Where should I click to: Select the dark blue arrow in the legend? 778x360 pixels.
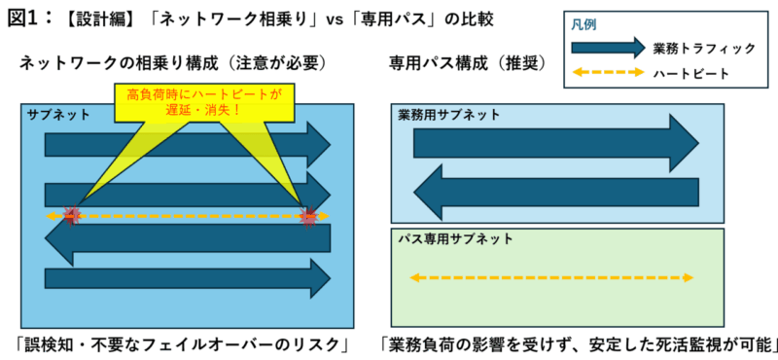608,48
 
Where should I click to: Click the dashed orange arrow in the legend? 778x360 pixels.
608,73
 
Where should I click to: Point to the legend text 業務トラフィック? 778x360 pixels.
704,49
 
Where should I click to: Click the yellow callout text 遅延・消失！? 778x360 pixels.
204,109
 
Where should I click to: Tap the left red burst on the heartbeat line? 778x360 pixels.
71,216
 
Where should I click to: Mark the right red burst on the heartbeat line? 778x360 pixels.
308,216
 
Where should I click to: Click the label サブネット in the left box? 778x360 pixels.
58,114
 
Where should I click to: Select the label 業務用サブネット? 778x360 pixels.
449,115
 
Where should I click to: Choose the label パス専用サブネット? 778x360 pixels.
455,238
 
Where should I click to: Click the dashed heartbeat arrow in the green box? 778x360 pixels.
551,277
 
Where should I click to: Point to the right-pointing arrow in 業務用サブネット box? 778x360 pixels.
555,143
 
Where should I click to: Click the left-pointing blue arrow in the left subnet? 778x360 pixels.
188,237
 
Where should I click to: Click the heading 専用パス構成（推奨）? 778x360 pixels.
468,63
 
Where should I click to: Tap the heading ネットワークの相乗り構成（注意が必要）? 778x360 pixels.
172,63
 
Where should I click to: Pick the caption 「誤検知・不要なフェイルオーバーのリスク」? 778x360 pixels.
182,344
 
